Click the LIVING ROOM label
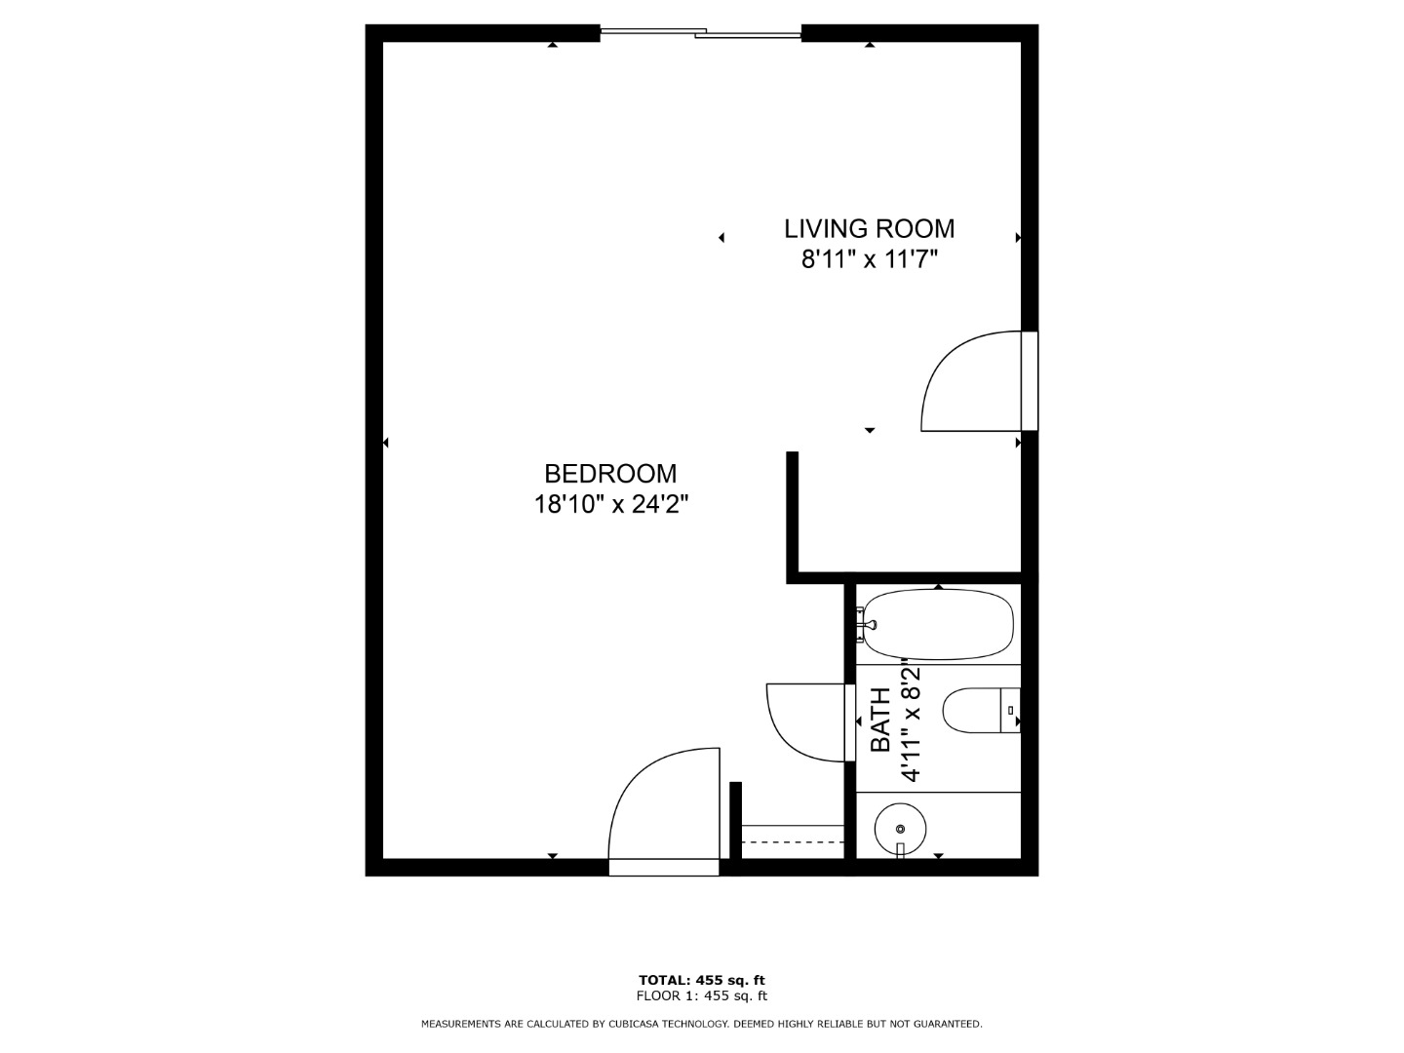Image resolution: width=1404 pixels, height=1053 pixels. [x=870, y=228]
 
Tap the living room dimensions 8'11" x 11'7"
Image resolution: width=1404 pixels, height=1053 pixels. [x=870, y=259]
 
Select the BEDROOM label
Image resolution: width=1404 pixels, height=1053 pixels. [x=610, y=474]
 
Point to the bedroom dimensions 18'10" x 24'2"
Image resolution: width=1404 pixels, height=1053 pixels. [x=611, y=505]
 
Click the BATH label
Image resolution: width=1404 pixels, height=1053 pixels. [x=880, y=720]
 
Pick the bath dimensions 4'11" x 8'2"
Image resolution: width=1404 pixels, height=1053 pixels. [x=911, y=721]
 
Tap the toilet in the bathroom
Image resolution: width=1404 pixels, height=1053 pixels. [x=981, y=711]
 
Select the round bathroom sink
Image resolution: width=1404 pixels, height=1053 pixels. [x=900, y=829]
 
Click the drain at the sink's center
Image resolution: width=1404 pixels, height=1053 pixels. [x=901, y=829]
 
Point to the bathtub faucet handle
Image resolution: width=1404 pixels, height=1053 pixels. [x=866, y=625]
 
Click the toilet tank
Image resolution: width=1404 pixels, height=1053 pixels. [x=1010, y=711]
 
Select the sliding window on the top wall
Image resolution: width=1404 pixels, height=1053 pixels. [x=700, y=33]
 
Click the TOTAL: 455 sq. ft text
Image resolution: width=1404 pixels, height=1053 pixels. [x=702, y=980]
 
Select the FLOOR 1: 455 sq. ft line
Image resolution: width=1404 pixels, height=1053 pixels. [x=702, y=995]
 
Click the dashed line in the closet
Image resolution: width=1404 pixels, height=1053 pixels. [x=793, y=842]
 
